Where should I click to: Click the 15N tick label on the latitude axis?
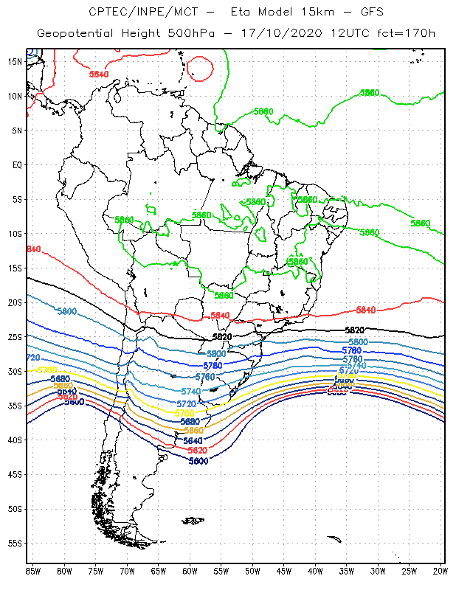pos(15,62)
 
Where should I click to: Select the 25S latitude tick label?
pos(15,337)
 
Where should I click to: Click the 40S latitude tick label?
pos(15,440)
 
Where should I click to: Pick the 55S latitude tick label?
pos(15,544)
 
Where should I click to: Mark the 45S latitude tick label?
pos(15,474)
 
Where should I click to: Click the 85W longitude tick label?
pos(32,571)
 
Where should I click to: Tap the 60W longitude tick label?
pos(190,571)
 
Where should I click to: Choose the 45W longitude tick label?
pos(284,571)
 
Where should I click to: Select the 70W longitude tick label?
pos(127,571)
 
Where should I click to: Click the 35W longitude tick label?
pos(347,571)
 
